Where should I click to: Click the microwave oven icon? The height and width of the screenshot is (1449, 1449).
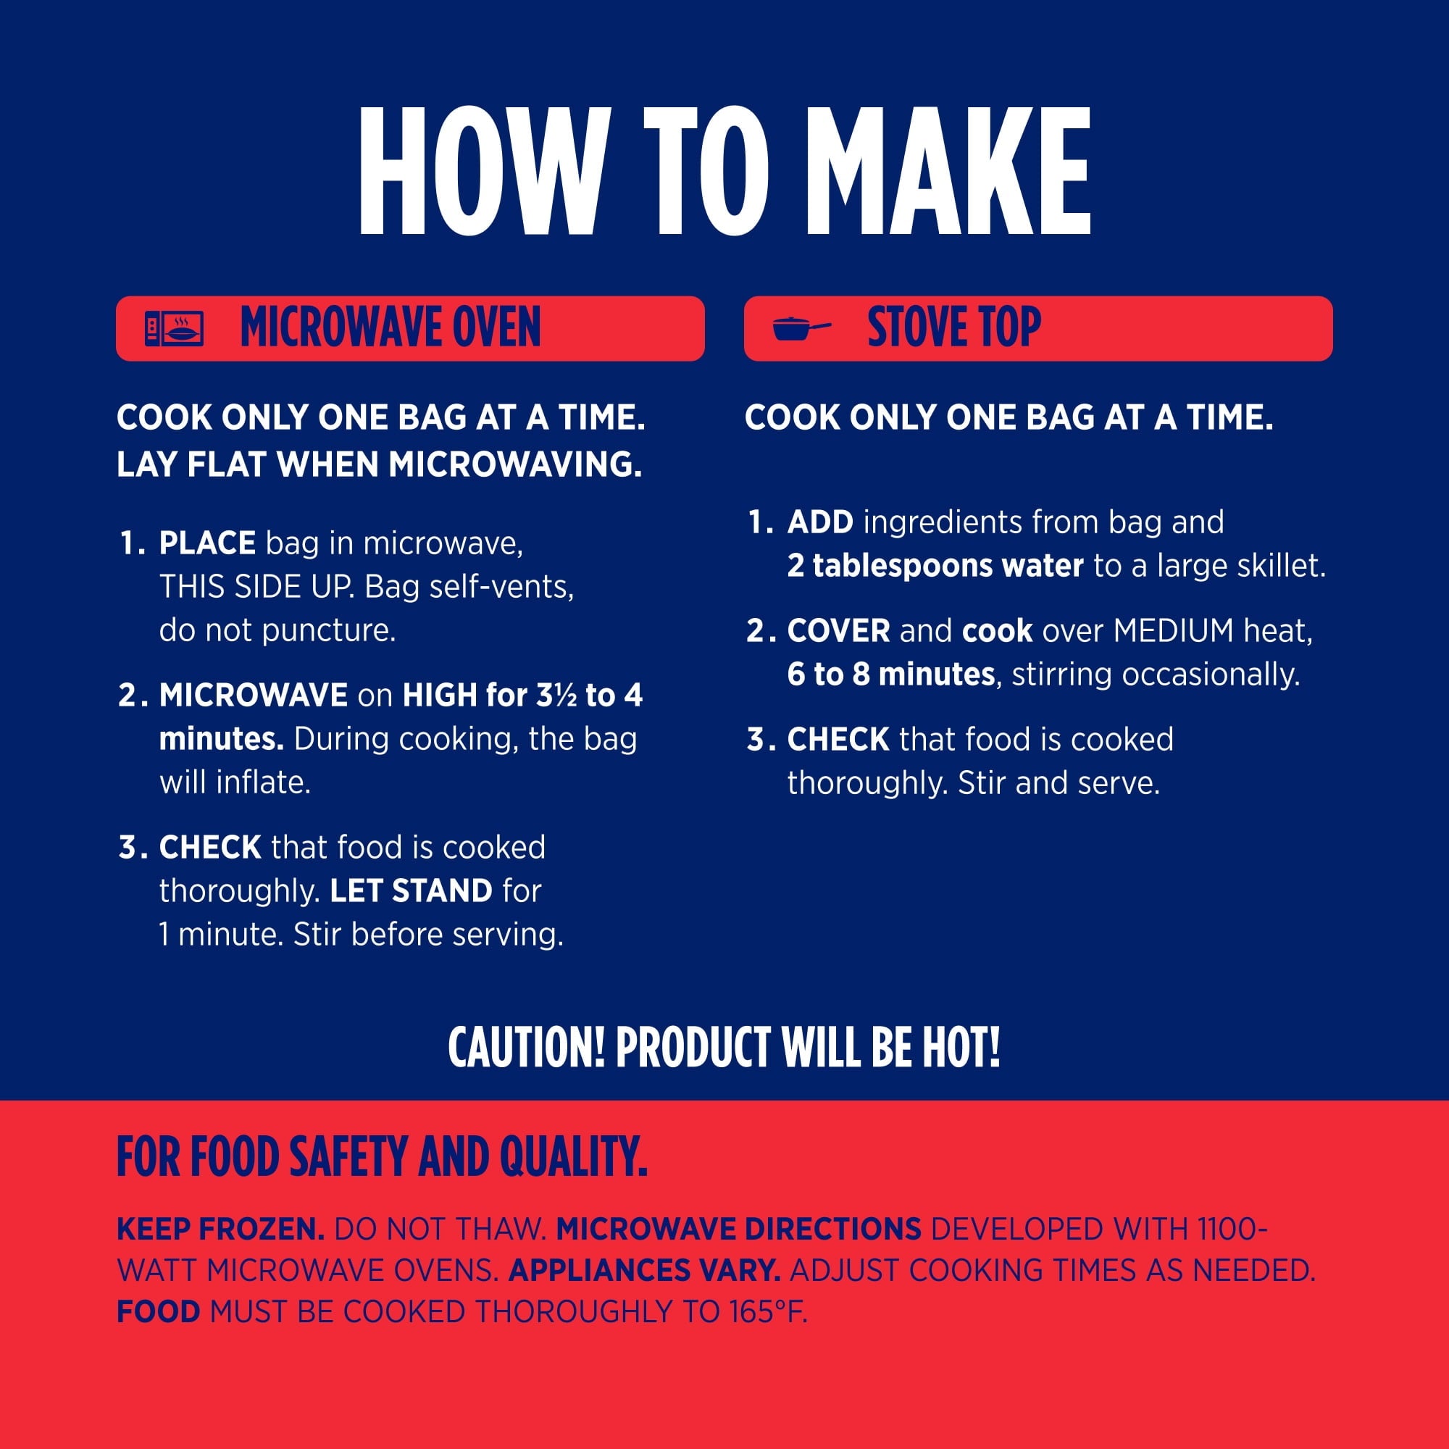174,328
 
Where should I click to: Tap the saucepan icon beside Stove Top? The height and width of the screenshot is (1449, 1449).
801,328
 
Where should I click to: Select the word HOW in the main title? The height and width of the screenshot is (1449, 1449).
484,171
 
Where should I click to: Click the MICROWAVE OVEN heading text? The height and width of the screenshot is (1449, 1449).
390,327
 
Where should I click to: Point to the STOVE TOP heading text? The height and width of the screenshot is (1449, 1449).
954,327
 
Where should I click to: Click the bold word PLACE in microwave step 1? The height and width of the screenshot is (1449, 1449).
208,543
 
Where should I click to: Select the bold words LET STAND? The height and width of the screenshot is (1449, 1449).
411,891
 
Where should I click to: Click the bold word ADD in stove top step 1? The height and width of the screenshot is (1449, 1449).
819,522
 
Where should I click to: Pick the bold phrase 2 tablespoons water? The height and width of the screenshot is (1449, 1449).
935,566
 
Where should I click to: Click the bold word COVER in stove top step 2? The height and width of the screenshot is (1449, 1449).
838,631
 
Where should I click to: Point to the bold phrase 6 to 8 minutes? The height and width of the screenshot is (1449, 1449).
891,675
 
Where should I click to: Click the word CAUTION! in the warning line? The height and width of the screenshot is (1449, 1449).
527,1047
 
